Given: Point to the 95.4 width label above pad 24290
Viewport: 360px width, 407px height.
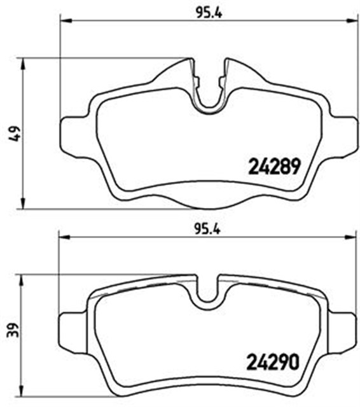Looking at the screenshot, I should (x=207, y=230).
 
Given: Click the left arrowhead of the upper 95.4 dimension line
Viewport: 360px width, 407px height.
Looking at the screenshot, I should (x=64, y=22).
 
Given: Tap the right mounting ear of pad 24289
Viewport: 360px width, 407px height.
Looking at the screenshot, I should (x=343, y=135).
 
